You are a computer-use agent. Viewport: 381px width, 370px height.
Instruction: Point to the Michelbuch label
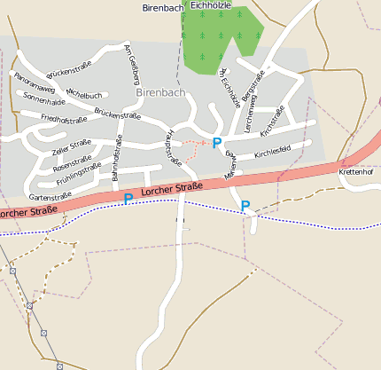(84, 94)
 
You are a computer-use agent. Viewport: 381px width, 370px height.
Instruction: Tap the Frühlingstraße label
(79, 175)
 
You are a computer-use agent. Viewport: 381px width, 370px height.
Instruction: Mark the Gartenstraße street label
(51, 196)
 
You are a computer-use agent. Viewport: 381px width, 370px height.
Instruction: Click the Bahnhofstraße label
(116, 158)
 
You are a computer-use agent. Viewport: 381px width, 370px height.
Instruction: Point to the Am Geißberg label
(130, 60)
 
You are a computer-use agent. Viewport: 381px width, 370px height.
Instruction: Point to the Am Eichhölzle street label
(229, 88)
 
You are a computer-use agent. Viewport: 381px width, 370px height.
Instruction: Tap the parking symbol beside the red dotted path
(216, 143)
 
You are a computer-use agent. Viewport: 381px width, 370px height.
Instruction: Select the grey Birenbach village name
(160, 91)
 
